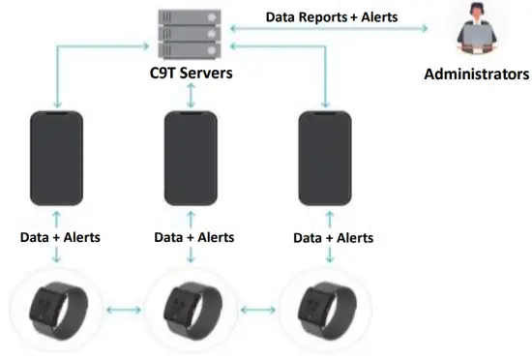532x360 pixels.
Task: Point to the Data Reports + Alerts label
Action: [x=332, y=16]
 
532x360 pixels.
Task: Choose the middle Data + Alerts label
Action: [x=194, y=237]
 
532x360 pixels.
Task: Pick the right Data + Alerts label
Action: [x=333, y=237]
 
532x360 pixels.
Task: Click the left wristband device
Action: [x=56, y=309]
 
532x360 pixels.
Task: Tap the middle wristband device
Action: [x=190, y=309]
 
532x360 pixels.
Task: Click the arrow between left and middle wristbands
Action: [x=123, y=311]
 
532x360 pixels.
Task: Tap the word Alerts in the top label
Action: [x=377, y=16]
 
